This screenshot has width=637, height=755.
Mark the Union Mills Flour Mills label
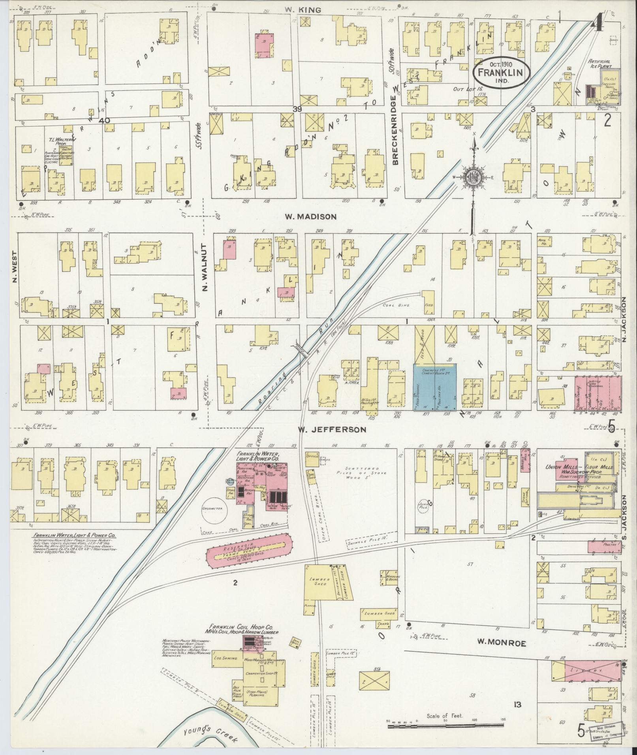574,467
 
